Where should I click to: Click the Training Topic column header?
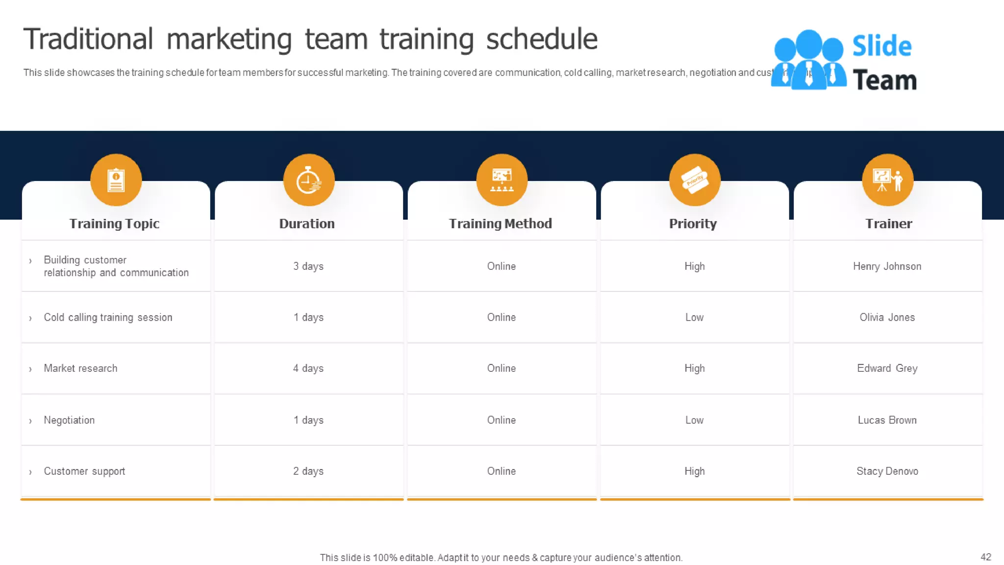point(114,224)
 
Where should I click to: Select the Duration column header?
point(307,224)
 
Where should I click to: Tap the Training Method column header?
point(500,224)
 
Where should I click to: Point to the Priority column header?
point(693,224)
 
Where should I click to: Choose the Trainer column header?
point(888,224)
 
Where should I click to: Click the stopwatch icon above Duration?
point(309,180)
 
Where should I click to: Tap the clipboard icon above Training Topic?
point(116,180)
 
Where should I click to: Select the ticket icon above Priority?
point(695,180)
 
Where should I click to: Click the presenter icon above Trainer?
point(888,180)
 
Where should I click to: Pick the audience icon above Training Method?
point(502,180)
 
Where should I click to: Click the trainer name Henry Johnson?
point(887,266)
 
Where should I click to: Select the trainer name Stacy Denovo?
point(887,471)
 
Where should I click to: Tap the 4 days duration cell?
point(308,368)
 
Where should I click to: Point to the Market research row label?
point(80,368)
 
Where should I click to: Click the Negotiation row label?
point(69,420)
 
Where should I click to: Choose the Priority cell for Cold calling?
point(694,317)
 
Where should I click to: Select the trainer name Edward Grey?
point(887,368)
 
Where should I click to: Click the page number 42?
point(985,557)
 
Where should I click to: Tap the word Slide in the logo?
point(881,46)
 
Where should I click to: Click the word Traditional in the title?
point(88,39)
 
